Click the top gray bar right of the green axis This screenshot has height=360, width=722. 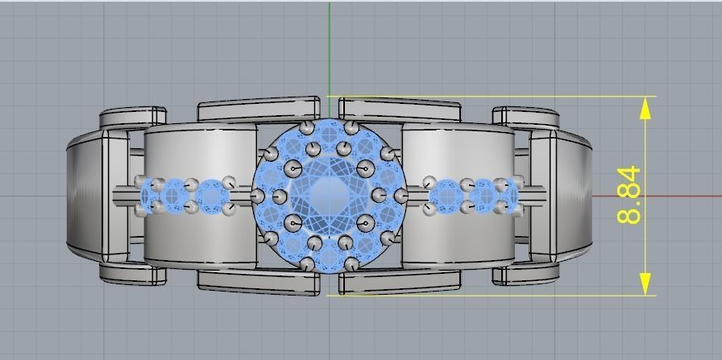400,110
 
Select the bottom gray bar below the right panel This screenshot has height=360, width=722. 400,281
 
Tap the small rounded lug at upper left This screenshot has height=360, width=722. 133,116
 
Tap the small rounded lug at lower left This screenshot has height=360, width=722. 133,274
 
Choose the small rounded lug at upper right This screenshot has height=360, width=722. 525,116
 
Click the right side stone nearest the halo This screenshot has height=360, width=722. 444,196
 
